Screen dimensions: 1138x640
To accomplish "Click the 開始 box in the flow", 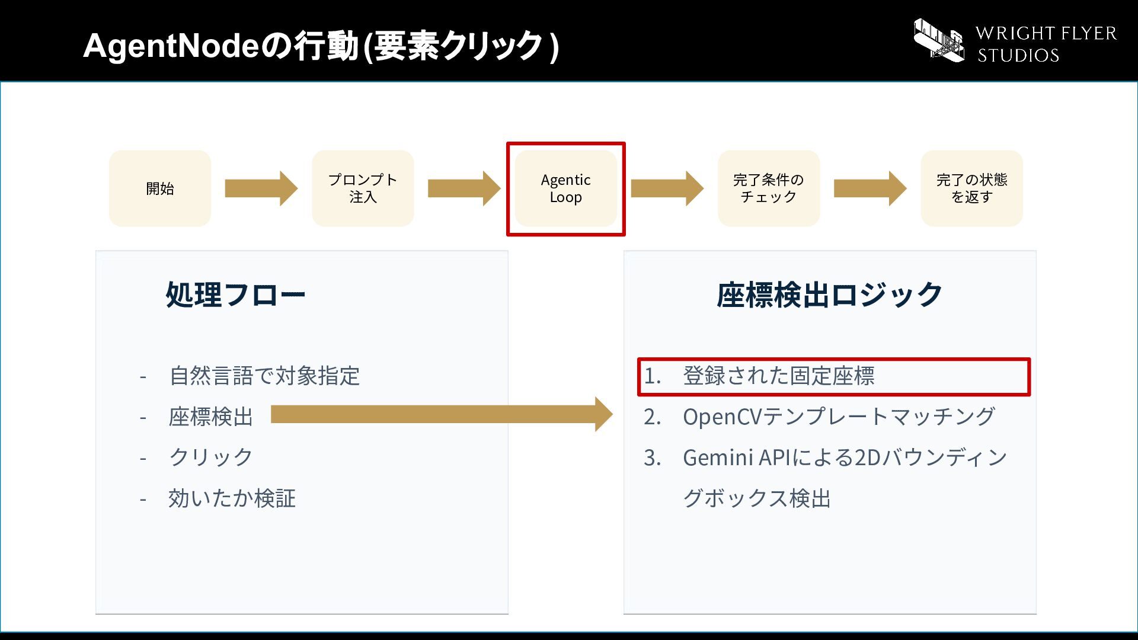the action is pyautogui.click(x=160, y=188).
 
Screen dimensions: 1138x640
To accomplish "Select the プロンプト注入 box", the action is pyautogui.click(x=363, y=188).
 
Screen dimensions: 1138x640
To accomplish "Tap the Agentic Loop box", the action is pyautogui.click(x=566, y=188).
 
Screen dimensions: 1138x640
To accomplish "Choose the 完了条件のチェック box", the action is pyautogui.click(x=769, y=188).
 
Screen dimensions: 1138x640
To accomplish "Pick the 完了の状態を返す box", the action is pyautogui.click(x=971, y=188).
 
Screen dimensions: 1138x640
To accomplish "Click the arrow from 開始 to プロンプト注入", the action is pyautogui.click(x=261, y=188).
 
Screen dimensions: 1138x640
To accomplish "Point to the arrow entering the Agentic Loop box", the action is pyautogui.click(x=464, y=188).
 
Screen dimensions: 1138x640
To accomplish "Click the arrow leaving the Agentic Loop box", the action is pyautogui.click(x=667, y=188).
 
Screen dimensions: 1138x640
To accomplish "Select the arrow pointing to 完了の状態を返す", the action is pyautogui.click(x=870, y=188).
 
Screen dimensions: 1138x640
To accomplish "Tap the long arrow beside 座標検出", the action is pyautogui.click(x=442, y=414).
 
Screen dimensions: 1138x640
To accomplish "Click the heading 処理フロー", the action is pyautogui.click(x=235, y=295).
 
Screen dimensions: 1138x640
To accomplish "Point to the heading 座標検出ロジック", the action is pyautogui.click(x=830, y=295).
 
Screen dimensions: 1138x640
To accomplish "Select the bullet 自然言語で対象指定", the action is pyautogui.click(x=264, y=376).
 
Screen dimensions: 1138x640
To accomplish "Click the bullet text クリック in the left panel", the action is pyautogui.click(x=211, y=457).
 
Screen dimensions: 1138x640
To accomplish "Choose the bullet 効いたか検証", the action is pyautogui.click(x=232, y=498).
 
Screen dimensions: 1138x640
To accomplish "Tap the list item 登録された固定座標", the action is pyautogui.click(x=779, y=376).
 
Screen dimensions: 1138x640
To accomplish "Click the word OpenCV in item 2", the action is pyautogui.click(x=723, y=417).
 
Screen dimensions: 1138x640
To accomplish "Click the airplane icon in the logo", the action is pyautogui.click(x=939, y=40).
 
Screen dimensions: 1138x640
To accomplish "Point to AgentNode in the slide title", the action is pyautogui.click(x=171, y=46).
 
